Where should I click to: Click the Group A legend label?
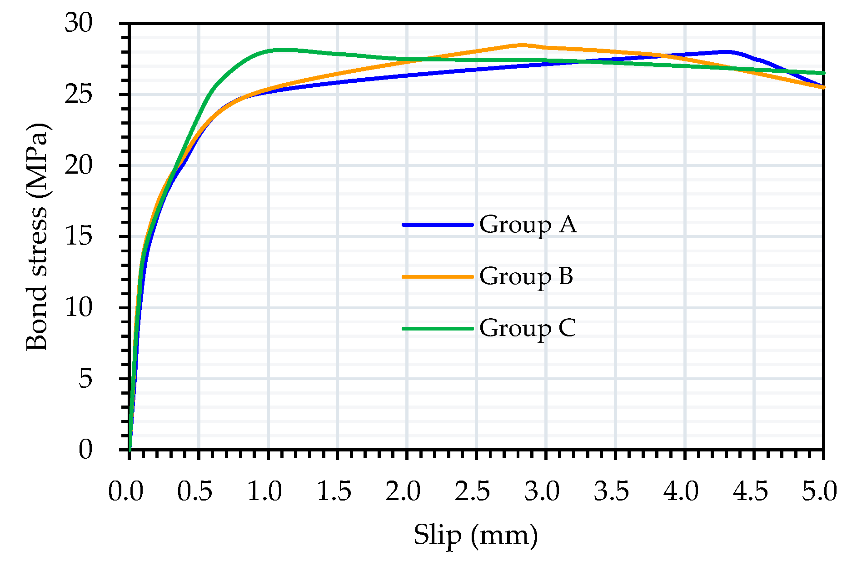coord(528,225)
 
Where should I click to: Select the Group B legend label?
coord(526,276)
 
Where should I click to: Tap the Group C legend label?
coord(527,328)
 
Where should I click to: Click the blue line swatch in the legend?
coord(438,225)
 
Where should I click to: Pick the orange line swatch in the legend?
coord(438,276)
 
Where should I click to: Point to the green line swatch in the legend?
coord(438,328)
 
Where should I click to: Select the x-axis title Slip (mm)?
coord(475,535)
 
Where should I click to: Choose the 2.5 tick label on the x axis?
coord(473,492)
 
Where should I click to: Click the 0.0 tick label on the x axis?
coord(125,492)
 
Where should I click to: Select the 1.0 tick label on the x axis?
coord(264,492)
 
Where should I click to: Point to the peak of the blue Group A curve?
coord(728,52)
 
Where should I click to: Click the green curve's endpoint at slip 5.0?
coord(823,73)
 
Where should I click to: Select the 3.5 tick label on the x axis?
coord(611,492)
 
